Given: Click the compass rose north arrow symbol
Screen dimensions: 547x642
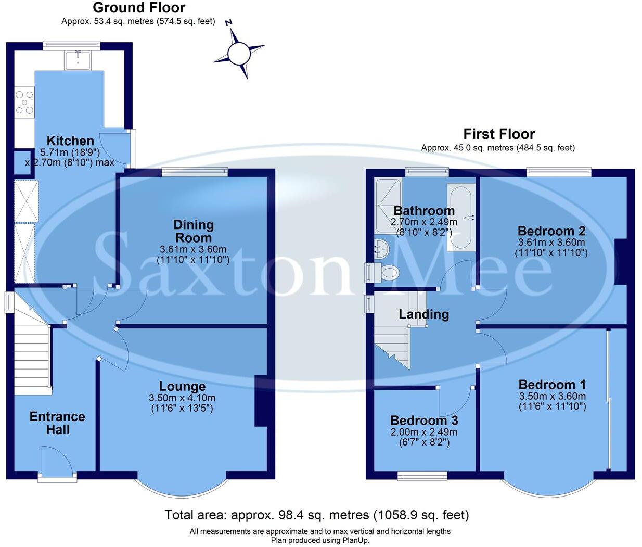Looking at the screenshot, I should pos(239,52).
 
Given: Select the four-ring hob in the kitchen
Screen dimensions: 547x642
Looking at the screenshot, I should pos(24,103).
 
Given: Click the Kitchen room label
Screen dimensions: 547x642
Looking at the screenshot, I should pos(70,141).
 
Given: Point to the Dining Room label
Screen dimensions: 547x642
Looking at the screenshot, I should pos(194,231).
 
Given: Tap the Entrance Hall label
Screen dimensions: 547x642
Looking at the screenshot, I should pos(57,423).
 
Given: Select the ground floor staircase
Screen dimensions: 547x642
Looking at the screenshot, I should pos(31,359).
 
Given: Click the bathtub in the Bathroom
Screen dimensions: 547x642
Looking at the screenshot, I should pos(460,217).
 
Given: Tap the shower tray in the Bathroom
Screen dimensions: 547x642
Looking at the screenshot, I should pos(389,205).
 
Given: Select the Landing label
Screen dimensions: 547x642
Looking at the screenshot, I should pos(423,314).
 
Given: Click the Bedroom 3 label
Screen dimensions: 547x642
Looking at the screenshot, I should pos(424,421).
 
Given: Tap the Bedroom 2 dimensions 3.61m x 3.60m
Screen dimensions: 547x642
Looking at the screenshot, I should pos(551,243).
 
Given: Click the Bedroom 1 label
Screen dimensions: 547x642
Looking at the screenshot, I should pos(552,385).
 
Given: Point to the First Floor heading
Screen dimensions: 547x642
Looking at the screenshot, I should pos(499,134).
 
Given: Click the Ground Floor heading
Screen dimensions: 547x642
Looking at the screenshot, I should pos(139,8).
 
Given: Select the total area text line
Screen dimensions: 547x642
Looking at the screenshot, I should pos(317,515).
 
